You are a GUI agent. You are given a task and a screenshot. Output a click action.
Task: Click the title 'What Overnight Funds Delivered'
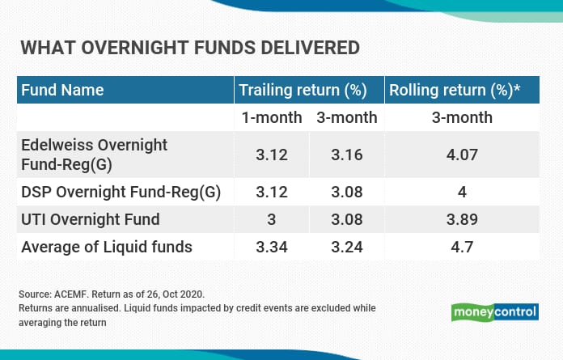pos(190,48)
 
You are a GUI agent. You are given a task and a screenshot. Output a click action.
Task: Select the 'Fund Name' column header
pos(62,90)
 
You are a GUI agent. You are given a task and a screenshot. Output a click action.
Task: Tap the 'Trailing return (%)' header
pos(303,90)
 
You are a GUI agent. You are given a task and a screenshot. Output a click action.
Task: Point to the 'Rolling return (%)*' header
pos(455,90)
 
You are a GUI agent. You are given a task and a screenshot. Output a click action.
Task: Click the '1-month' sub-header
pos(272,117)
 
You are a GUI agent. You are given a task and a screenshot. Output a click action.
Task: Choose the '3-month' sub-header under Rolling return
pos(462,117)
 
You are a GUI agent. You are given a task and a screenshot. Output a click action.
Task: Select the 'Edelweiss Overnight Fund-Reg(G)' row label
pos(94,155)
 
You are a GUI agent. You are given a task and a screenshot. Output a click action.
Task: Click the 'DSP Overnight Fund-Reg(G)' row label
pos(121,192)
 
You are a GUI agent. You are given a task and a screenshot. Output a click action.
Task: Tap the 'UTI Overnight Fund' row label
pos(90,219)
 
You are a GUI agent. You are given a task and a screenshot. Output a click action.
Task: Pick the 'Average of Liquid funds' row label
pos(107,247)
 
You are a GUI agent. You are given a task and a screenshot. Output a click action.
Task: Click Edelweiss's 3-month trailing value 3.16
pos(347,155)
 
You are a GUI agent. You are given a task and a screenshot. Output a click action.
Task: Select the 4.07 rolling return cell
pos(462,155)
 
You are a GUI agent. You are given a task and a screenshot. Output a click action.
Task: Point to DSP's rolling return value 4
pos(462,192)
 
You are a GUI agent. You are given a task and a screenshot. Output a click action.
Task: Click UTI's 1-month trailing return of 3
pos(272,219)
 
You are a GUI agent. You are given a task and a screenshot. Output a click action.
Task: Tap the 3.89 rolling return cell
pos(462,219)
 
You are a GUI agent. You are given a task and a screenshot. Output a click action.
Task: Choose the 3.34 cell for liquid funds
pos(272,247)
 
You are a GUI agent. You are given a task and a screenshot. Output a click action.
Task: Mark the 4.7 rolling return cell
pos(462,247)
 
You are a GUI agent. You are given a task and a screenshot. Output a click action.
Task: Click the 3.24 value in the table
pos(347,247)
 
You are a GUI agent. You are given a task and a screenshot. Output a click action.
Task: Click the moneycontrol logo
pos(495,312)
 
